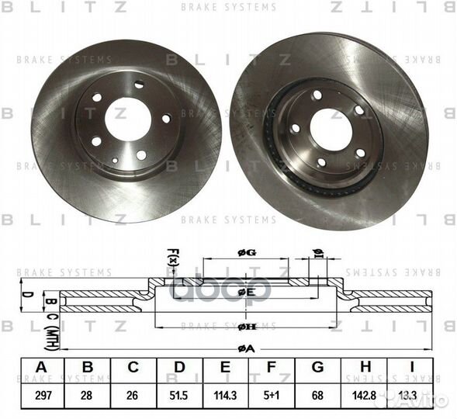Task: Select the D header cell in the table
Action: coord(179,367)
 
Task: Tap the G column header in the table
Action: coord(317,367)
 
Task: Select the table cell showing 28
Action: coord(87,396)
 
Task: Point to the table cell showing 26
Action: coord(133,396)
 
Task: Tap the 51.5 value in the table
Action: coord(179,396)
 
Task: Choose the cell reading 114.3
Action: coord(225,396)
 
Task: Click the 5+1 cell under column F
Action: coord(271,396)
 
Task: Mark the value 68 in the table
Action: coord(317,396)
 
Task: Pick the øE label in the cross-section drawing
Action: coord(246,292)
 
